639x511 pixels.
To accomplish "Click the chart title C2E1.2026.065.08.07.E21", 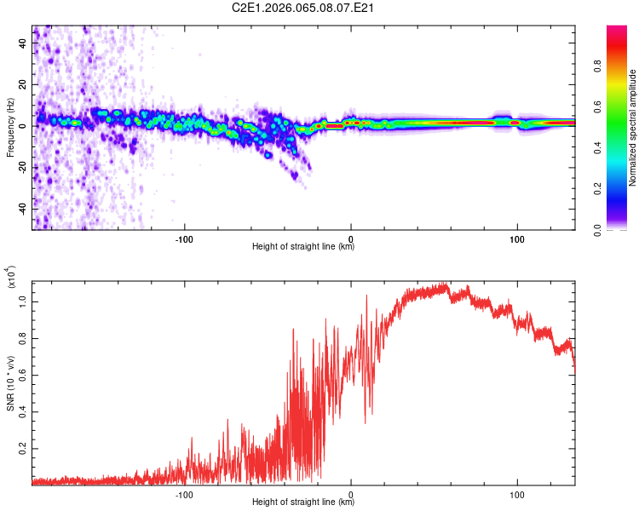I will pyautogui.click(x=320, y=8).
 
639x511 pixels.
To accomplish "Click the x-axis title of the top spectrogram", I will pyautogui.click(x=303, y=247).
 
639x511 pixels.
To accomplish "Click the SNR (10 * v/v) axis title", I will pyautogui.click(x=10, y=380).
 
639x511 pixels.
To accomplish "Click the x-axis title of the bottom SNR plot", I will pyautogui.click(x=303, y=502).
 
